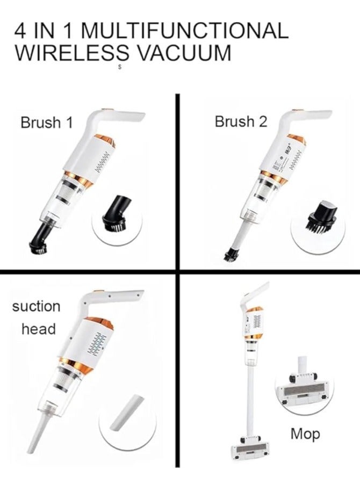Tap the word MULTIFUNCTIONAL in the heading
click(x=182, y=31)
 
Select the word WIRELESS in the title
click(x=71, y=54)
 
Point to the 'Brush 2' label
click(x=241, y=122)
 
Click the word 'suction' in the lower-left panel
click(x=36, y=307)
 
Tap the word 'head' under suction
click(x=38, y=329)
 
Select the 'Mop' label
click(x=305, y=434)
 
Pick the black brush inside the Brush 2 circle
click(x=321, y=216)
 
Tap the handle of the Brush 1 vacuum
click(x=121, y=116)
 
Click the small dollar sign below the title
click(x=119, y=68)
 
